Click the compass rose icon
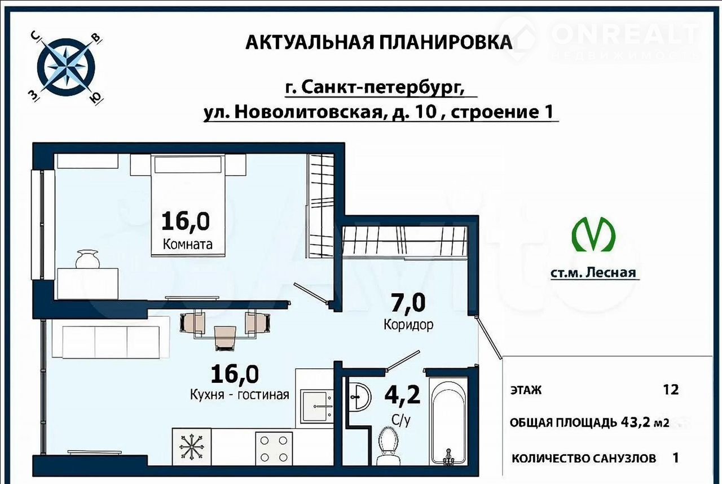[x=66, y=68]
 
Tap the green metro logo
[x=593, y=234]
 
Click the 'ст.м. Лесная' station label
[x=593, y=273]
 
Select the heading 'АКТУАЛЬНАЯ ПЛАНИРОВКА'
[x=378, y=42]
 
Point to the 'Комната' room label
[x=188, y=244]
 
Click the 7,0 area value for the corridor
[x=408, y=303]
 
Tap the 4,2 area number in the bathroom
[x=403, y=395]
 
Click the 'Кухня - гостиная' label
[x=240, y=394]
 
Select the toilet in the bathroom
[x=391, y=446]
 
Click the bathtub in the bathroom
[x=448, y=421]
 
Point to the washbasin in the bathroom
[x=360, y=396]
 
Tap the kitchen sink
[x=316, y=406]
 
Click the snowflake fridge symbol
[x=191, y=447]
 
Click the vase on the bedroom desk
[x=87, y=259]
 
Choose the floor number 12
[x=671, y=390]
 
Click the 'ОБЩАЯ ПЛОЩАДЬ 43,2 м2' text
[x=589, y=422]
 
